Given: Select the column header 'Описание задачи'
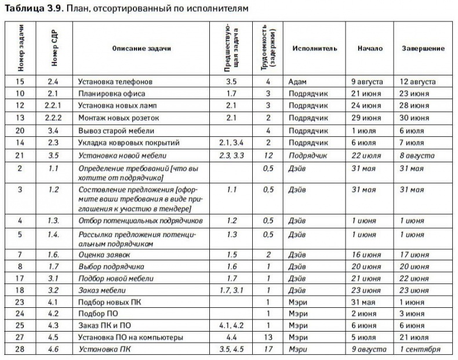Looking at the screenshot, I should point(141,49).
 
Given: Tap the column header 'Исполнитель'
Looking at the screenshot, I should point(314,49).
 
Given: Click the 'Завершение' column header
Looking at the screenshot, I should point(423,49).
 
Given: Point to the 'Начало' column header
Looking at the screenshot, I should point(370,49).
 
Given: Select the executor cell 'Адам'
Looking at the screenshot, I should point(297,82).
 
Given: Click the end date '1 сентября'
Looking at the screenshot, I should point(420,349).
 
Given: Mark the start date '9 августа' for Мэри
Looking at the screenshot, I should point(369,349).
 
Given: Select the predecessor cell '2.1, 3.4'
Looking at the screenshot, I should point(231,143).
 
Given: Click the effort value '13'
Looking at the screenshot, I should point(268,337).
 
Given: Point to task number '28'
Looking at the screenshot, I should point(20,349).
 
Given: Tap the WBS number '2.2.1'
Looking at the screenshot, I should point(53,106).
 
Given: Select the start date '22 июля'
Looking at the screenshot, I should point(366,155).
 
